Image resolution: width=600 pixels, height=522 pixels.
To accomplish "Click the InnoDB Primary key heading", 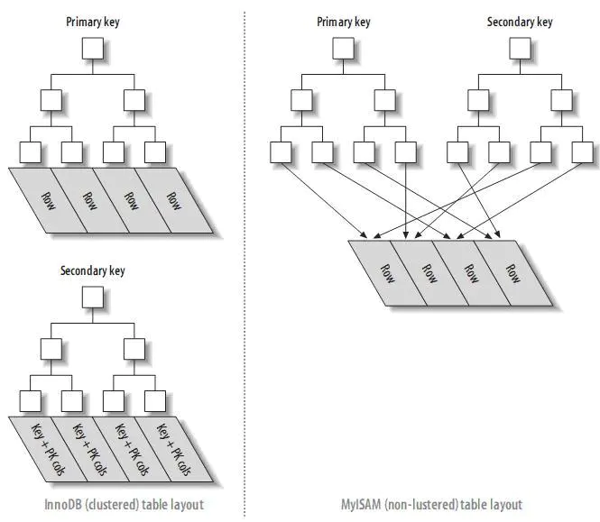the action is [x=93, y=22].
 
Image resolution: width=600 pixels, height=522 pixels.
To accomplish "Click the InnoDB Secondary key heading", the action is [x=93, y=270].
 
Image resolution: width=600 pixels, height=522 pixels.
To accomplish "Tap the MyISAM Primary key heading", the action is [x=343, y=22].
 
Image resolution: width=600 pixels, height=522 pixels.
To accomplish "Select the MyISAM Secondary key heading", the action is [x=520, y=22].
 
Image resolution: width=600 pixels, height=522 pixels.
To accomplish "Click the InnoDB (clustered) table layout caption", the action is [x=124, y=504].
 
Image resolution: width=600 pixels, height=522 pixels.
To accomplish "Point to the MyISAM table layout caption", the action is [x=431, y=504].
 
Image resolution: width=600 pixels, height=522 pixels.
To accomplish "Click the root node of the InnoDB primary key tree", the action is [x=93, y=48].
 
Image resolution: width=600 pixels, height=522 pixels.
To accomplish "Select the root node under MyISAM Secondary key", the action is [x=520, y=48].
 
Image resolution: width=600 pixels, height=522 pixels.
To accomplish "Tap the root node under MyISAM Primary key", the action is [x=343, y=48].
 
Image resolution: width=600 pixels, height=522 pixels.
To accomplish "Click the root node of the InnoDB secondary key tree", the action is [x=93, y=298].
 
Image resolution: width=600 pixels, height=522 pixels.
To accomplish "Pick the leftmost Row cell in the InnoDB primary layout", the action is [x=48, y=200].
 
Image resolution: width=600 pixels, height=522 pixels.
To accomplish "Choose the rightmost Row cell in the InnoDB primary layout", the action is [x=174, y=200].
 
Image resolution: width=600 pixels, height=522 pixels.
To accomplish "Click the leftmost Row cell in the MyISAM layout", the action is [x=387, y=273].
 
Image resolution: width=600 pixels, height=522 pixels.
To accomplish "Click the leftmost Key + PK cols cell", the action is [x=48, y=449].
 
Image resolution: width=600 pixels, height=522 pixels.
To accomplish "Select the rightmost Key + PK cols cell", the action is [x=174, y=449].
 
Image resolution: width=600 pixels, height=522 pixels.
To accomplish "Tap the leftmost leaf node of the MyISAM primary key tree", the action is [x=281, y=152].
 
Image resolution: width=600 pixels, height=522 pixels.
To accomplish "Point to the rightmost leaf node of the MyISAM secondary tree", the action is [x=582, y=152].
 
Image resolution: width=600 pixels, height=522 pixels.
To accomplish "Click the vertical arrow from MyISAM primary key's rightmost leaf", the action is [x=406, y=201].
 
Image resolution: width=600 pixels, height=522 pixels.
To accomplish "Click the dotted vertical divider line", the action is [x=245, y=264].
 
